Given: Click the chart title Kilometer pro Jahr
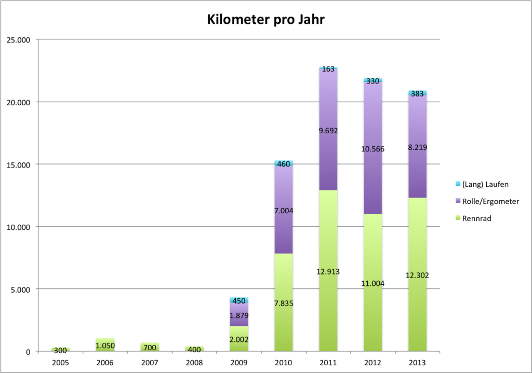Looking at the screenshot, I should coord(266,19).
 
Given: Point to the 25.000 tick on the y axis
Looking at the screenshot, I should coord(18,40).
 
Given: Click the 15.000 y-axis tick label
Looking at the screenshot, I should coord(18,164).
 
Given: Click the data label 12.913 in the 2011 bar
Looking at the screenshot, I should coord(328,271).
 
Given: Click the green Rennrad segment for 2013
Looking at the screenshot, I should coord(417,311).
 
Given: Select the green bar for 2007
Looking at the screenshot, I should coord(150,347).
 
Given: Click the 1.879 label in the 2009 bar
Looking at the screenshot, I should coord(239,315).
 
